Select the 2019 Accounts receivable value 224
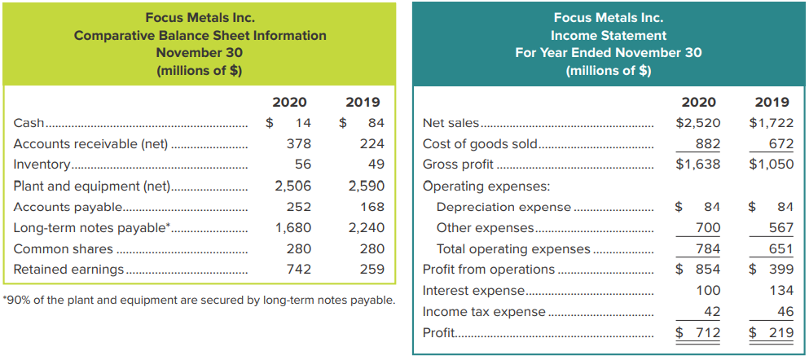pyautogui.click(x=372, y=144)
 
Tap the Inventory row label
pyautogui.click(x=42, y=165)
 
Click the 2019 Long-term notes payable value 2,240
pyautogui.click(x=366, y=227)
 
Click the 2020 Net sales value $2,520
pyautogui.click(x=697, y=123)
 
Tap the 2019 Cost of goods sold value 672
pyautogui.click(x=780, y=144)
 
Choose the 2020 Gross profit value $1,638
pyautogui.click(x=697, y=165)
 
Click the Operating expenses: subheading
pyautogui.click(x=475, y=186)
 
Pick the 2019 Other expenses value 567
pyautogui.click(x=780, y=227)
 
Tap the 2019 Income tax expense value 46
pyautogui.click(x=785, y=311)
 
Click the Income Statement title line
pyautogui.click(x=608, y=35)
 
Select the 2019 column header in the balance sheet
pyautogui.click(x=363, y=102)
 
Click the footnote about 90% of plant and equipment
pyautogui.click(x=199, y=301)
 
